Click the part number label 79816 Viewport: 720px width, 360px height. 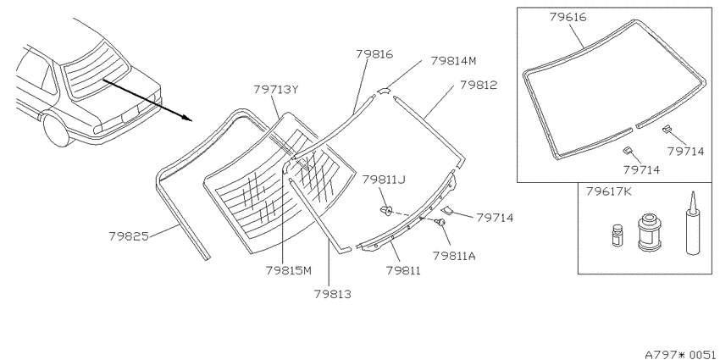374,54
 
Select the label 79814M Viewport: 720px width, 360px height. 454,61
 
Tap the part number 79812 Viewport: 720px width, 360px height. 479,85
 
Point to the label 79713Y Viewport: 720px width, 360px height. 276,89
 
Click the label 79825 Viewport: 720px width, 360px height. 129,236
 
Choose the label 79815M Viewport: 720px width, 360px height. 288,270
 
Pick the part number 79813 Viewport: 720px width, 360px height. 332,294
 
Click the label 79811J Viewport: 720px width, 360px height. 384,179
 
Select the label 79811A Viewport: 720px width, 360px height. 454,256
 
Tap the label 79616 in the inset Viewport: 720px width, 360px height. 568,17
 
